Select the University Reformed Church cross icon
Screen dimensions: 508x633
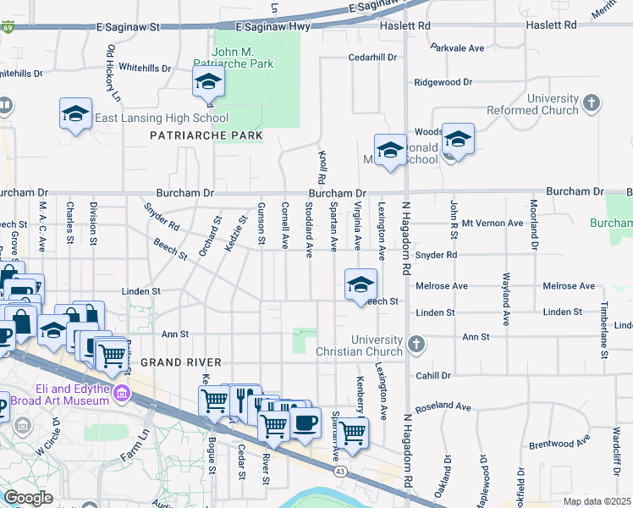point(592,104)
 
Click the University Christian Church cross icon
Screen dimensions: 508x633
point(415,345)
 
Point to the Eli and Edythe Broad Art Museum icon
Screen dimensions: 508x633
point(122,394)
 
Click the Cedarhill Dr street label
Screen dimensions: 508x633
point(372,58)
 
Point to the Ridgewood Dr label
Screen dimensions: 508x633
point(443,82)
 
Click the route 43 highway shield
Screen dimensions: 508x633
point(340,471)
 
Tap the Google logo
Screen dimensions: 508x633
point(29,498)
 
